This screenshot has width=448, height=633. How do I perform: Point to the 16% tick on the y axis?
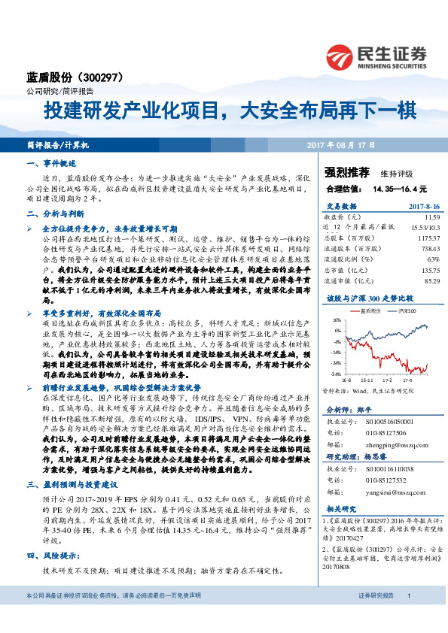point(336,320)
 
